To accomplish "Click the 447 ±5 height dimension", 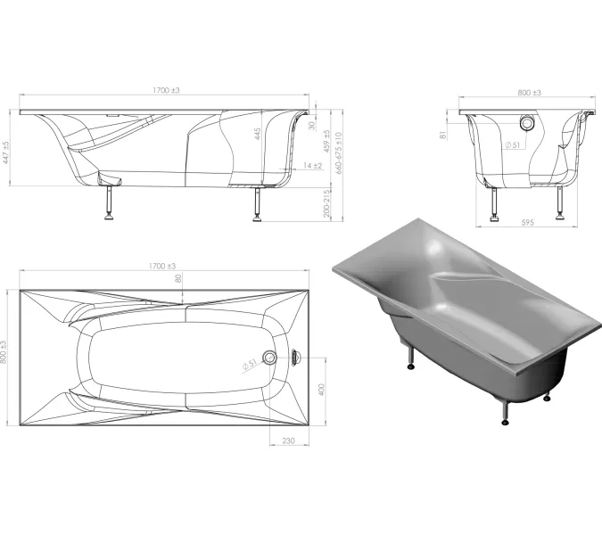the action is [6, 152].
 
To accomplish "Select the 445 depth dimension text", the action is [257, 134].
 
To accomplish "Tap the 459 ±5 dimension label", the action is [326, 141].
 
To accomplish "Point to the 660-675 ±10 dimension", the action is [338, 153].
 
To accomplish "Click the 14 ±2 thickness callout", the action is [312, 166].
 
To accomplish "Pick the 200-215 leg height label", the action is [326, 203].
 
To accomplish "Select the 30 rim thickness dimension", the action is [312, 126].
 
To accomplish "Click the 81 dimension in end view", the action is [443, 136].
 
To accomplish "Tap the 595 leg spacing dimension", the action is [527, 222].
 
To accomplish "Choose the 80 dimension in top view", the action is [178, 278].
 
